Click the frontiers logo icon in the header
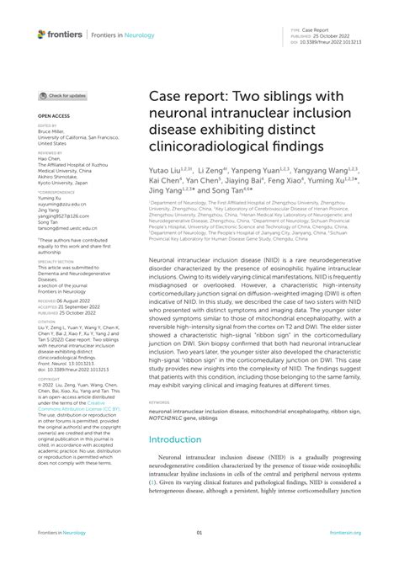pyautogui.click(x=41, y=34)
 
